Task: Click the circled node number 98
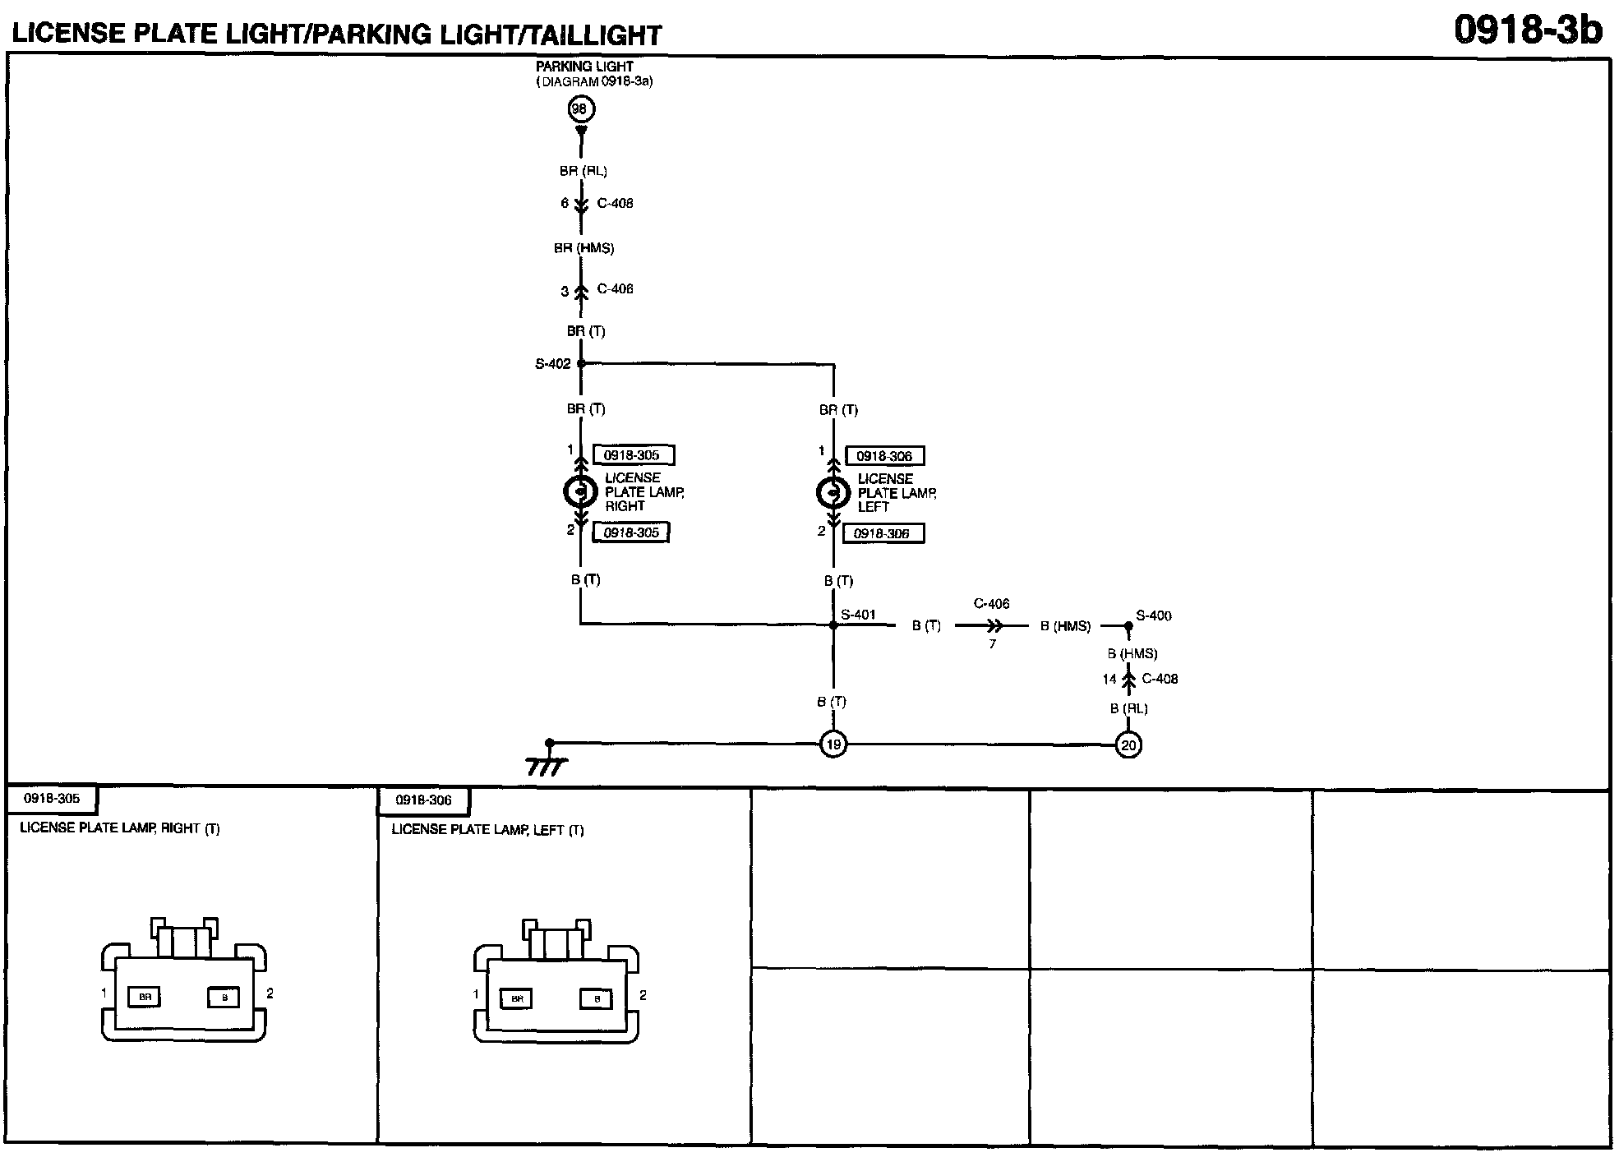580,109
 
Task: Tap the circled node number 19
833,744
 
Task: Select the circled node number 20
1128,745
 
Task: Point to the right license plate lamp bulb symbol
580,491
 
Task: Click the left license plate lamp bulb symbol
833,493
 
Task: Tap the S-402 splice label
552,364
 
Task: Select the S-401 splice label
858,615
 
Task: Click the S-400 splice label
1154,615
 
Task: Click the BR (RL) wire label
583,172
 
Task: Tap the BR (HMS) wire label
583,248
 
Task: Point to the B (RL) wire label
1128,708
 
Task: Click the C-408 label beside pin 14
1160,679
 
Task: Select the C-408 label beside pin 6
615,204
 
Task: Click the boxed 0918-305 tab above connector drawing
52,798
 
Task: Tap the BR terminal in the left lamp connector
517,998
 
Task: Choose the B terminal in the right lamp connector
224,997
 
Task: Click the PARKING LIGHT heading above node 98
584,67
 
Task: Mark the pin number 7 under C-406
992,644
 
